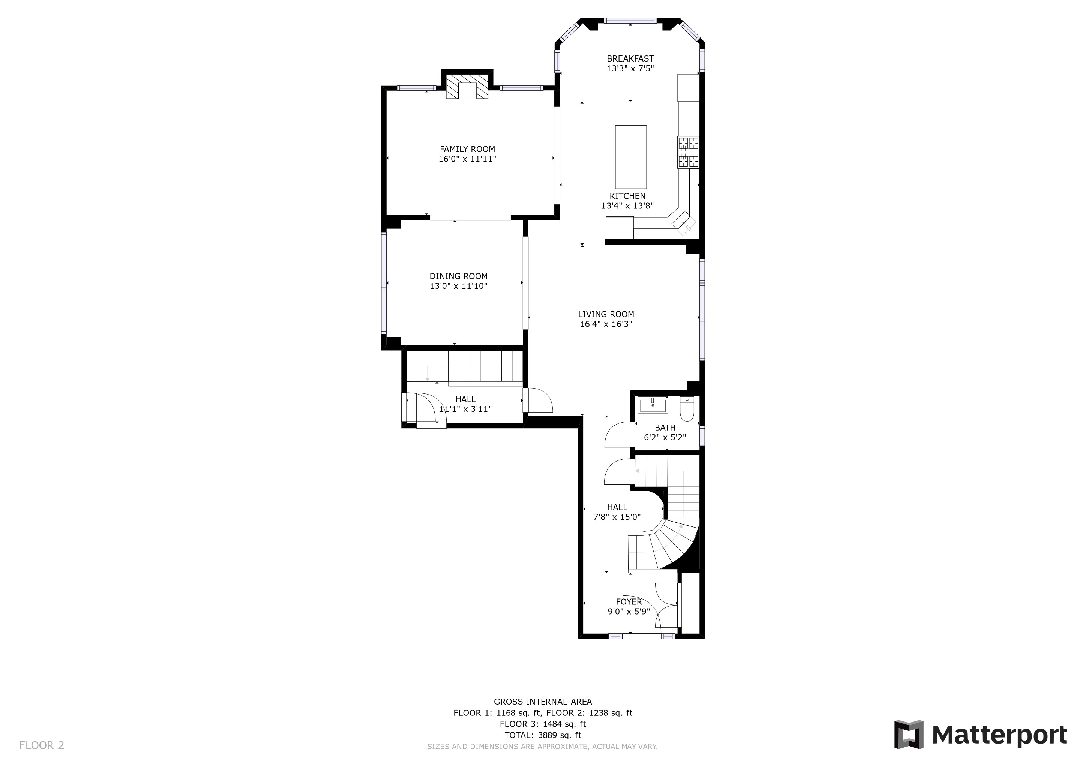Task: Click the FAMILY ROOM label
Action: point(467,149)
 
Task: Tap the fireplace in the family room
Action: point(467,86)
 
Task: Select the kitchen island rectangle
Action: point(630,157)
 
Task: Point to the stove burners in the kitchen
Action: point(688,152)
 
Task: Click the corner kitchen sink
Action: point(684,222)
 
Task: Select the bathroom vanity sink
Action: point(653,405)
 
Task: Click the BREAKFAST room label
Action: point(630,58)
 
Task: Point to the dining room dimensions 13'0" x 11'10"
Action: point(458,286)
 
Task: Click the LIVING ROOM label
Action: point(606,314)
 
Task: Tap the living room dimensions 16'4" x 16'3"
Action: point(606,324)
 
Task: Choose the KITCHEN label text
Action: point(627,196)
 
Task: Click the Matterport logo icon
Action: point(909,734)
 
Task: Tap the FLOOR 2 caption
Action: point(42,746)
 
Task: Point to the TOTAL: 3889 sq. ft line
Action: point(543,735)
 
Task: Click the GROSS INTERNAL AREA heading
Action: point(543,702)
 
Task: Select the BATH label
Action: point(665,427)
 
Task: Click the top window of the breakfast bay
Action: point(630,20)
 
